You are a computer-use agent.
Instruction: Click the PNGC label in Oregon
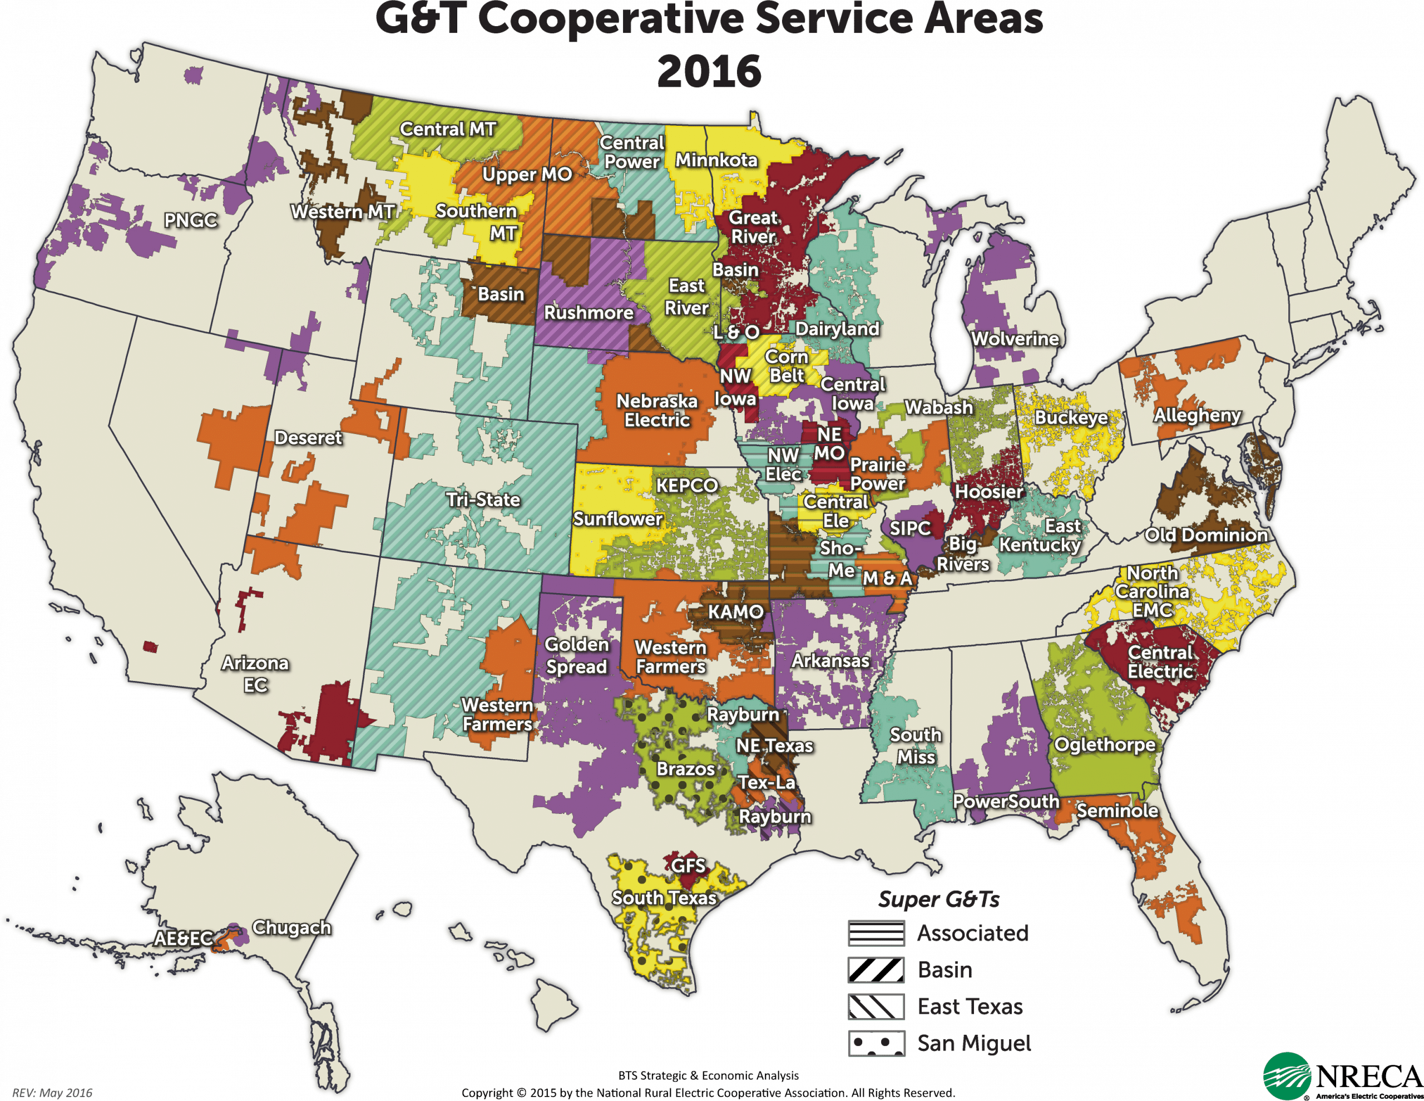click(190, 220)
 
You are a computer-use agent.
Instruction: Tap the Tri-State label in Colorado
click(483, 500)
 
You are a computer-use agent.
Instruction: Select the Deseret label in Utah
click(308, 438)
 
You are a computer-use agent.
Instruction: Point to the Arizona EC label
click(255, 674)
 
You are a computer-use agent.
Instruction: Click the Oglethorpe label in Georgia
click(1105, 745)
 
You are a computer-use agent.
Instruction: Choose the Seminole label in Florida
click(1117, 811)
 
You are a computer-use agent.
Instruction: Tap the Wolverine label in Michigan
click(1015, 339)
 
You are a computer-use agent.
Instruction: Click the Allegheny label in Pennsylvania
click(1197, 416)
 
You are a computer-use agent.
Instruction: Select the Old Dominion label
click(1206, 536)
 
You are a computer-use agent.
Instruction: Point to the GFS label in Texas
click(689, 866)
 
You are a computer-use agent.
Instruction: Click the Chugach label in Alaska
click(291, 927)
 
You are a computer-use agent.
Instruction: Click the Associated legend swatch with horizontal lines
click(876, 934)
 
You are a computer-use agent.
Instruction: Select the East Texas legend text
click(970, 1007)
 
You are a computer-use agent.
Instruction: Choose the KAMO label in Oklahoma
click(736, 612)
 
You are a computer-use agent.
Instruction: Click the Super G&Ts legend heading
click(938, 900)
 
